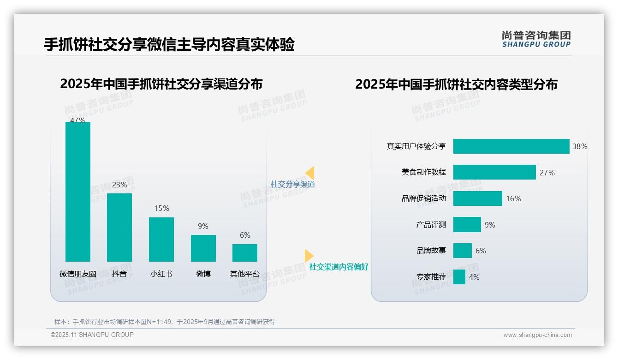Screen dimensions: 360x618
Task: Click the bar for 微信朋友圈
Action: click(x=78, y=192)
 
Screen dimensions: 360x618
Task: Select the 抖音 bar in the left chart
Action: click(x=119, y=228)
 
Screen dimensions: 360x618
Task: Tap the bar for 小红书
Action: click(x=161, y=240)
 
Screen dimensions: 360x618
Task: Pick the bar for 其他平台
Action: click(x=245, y=253)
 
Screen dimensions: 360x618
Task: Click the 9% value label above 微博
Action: click(x=203, y=226)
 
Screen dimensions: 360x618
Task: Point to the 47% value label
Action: click(x=77, y=120)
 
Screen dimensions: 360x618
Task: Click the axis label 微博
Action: click(x=203, y=274)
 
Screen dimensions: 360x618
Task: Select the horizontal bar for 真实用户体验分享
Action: click(x=511, y=146)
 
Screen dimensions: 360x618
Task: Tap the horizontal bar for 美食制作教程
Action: click(x=494, y=172)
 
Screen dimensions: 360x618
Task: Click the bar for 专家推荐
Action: click(x=459, y=277)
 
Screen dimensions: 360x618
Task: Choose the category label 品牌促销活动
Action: click(x=424, y=198)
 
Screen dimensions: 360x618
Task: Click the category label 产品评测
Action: click(x=431, y=225)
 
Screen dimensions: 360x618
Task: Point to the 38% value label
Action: click(x=580, y=146)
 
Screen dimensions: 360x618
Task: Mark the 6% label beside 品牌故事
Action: click(x=481, y=251)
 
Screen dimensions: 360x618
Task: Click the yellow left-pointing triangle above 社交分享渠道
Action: click(x=310, y=173)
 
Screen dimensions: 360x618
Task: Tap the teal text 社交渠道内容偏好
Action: click(x=339, y=267)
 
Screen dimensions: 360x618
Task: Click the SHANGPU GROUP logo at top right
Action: click(x=536, y=39)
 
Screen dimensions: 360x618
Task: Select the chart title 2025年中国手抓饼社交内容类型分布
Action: click(x=456, y=84)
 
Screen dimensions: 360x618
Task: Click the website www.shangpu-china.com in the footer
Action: click(x=537, y=335)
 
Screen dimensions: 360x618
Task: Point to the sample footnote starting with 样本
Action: click(x=165, y=322)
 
